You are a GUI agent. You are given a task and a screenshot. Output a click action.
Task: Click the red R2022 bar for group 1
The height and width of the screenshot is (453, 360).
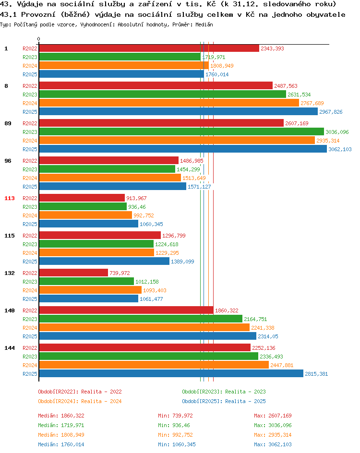[149, 48]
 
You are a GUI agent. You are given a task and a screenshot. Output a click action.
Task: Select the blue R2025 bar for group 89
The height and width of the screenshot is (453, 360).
[183, 149]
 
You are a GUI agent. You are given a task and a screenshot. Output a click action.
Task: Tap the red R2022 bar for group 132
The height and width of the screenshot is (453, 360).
[73, 273]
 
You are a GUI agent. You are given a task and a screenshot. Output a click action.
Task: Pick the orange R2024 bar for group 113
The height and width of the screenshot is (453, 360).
[85, 215]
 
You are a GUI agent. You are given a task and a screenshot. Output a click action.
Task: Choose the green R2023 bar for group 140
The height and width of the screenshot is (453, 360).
[141, 319]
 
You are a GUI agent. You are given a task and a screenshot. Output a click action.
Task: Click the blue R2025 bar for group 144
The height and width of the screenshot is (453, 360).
[171, 373]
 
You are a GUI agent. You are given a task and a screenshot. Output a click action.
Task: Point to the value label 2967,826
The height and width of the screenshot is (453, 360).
[331, 112]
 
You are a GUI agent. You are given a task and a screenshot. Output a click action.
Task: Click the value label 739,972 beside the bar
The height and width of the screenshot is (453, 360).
[120, 273]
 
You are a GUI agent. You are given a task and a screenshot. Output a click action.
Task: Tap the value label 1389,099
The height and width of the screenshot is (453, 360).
[182, 262]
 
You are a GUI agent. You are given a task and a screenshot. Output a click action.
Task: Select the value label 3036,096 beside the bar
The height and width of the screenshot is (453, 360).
[337, 132]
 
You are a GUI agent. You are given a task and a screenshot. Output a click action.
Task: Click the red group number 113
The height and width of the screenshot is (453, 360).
[10, 198]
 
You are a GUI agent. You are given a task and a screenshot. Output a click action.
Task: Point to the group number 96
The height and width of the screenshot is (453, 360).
[8, 161]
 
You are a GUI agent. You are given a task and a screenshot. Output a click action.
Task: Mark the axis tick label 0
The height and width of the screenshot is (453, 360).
[39, 39]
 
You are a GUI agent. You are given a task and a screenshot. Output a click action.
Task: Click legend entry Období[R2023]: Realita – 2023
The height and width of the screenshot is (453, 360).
[224, 392]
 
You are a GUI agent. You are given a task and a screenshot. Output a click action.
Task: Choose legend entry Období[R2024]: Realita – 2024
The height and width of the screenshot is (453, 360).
[80, 401]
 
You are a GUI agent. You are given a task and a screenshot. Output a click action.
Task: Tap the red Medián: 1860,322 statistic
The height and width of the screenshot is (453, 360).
[61, 416]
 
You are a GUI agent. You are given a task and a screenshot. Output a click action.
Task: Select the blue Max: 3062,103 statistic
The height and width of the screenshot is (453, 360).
[273, 444]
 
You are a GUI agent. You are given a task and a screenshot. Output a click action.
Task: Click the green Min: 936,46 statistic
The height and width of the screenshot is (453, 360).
[174, 425]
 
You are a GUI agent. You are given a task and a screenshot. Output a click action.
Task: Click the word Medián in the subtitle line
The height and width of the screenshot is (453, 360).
[204, 24]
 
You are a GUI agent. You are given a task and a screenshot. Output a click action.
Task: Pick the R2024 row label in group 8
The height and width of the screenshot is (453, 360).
[30, 103]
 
